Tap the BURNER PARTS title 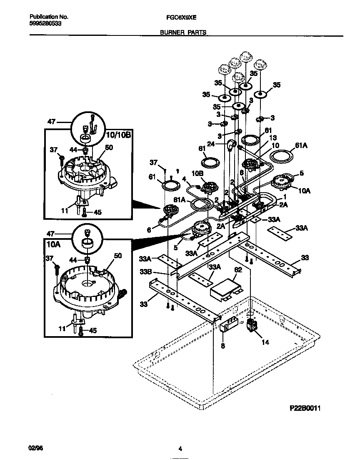click(x=183, y=32)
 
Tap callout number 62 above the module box click(x=237, y=270)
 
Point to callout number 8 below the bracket click(x=223, y=346)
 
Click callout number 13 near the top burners click(x=273, y=137)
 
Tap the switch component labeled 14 click(x=252, y=326)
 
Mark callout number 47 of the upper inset click(x=51, y=122)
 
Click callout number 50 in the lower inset click(x=118, y=256)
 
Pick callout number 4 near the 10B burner click(x=183, y=180)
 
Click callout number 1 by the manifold click(x=285, y=196)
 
